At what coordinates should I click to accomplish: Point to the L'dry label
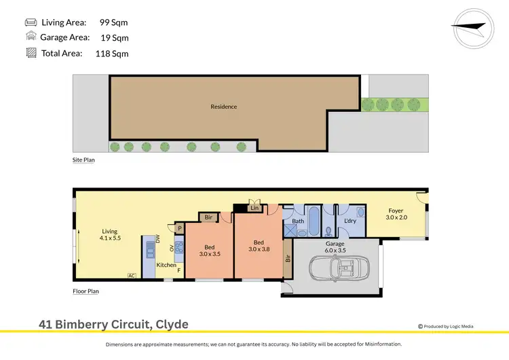tap(350, 221)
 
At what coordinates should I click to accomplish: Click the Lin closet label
tap(254, 209)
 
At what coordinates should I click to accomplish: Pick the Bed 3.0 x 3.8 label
tap(259, 246)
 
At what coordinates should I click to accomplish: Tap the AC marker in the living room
tap(131, 275)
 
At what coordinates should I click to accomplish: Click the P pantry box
tap(181, 229)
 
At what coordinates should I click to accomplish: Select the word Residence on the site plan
tap(223, 107)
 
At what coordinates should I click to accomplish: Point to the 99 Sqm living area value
tap(113, 22)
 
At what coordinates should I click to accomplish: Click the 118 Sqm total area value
tap(114, 53)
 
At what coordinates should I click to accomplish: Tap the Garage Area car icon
tap(31, 37)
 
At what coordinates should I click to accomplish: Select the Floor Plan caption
tap(86, 291)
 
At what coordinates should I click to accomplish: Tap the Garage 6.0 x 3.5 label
tap(335, 247)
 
